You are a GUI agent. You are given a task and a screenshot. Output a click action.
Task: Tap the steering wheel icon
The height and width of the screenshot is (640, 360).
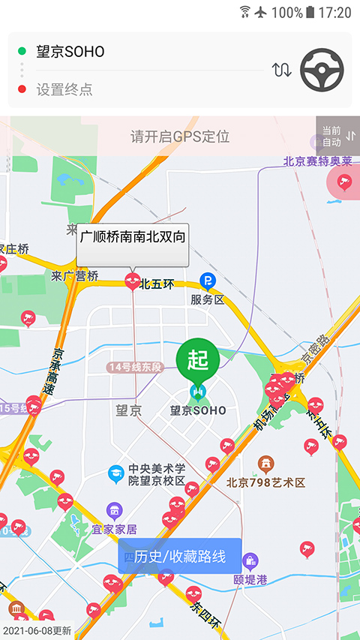point(322,71)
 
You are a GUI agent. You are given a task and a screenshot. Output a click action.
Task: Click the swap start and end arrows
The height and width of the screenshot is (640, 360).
point(282,71)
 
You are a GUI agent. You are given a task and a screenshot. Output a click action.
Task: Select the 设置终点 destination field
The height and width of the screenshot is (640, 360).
point(65,89)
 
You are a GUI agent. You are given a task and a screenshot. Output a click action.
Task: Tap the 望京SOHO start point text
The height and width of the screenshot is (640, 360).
point(70,52)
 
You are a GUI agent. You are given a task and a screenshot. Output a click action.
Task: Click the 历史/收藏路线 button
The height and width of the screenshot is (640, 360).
point(179,556)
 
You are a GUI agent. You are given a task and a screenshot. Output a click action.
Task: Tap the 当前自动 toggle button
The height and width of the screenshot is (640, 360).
point(337,136)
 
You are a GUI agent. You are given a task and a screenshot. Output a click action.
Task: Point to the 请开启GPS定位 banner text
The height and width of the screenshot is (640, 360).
point(180,137)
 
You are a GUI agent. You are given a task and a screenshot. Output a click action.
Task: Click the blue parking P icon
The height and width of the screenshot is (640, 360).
point(207,281)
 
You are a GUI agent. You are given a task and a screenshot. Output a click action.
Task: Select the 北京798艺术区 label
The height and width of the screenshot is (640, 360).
point(266,482)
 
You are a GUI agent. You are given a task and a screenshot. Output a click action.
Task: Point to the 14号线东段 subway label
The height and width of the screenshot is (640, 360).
point(135,367)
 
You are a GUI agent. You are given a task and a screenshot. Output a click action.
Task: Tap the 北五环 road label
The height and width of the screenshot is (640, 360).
point(156,284)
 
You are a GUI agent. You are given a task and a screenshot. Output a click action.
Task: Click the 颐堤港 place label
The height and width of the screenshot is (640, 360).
point(250,578)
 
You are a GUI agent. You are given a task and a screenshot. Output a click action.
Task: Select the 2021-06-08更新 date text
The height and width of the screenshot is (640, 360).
point(37,631)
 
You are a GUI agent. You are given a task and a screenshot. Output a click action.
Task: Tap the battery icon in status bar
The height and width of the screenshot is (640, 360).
point(310,12)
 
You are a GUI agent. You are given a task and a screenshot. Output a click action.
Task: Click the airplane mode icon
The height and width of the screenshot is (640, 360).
point(261,12)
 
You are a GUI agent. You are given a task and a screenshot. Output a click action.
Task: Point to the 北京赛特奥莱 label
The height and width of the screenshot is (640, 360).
point(318,161)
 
